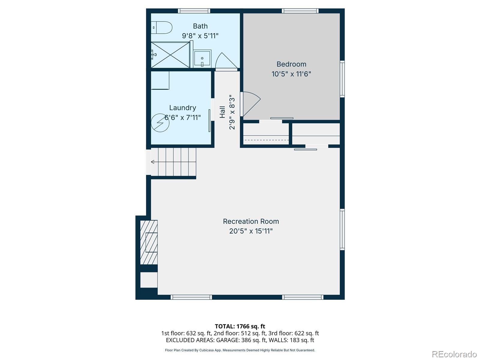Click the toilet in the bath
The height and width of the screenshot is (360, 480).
point(162,28)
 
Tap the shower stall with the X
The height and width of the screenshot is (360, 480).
point(170,55)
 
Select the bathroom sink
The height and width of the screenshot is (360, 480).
point(202,58)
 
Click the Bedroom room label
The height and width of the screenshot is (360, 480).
point(291,64)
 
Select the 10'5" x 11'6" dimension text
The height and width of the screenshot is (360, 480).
point(291,74)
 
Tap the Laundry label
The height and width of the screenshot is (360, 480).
point(182,108)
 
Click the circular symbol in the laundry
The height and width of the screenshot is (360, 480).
point(160,123)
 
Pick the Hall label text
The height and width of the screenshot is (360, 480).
point(222,112)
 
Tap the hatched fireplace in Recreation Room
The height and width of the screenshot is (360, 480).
point(149,242)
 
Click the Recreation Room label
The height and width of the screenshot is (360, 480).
point(251,221)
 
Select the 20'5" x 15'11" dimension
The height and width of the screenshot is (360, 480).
point(251,231)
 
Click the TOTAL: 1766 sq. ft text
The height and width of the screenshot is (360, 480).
point(240,326)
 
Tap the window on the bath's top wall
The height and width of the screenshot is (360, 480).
point(194,11)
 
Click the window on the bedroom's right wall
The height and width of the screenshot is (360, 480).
point(342,79)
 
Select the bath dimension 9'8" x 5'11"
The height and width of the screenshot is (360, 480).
point(200,36)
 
